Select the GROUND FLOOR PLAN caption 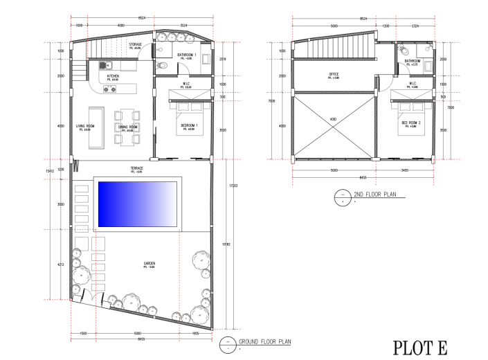click(x=265, y=342)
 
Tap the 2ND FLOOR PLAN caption click(x=374, y=195)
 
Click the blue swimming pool click(x=138, y=205)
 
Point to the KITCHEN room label click(x=113, y=76)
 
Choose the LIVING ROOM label click(x=85, y=126)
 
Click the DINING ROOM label click(x=127, y=127)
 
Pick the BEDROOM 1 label click(x=189, y=125)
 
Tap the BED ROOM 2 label click(x=409, y=123)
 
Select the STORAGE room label click(x=136, y=45)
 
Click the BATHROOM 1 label click(x=187, y=55)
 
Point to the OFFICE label click(x=334, y=75)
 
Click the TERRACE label click(x=137, y=168)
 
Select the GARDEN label click(x=149, y=264)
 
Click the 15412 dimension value click(x=49, y=170)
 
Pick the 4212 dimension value click(x=61, y=264)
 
